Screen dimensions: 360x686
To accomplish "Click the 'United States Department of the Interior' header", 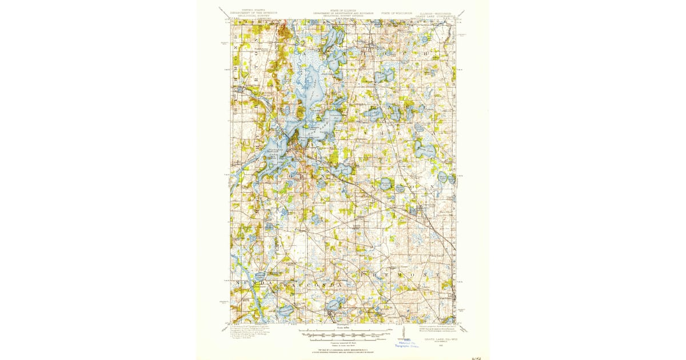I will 253,13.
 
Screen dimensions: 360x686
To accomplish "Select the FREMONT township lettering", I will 400,275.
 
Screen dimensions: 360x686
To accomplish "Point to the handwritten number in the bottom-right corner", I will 473,355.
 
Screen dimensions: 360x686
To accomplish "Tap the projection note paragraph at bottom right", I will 440,329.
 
